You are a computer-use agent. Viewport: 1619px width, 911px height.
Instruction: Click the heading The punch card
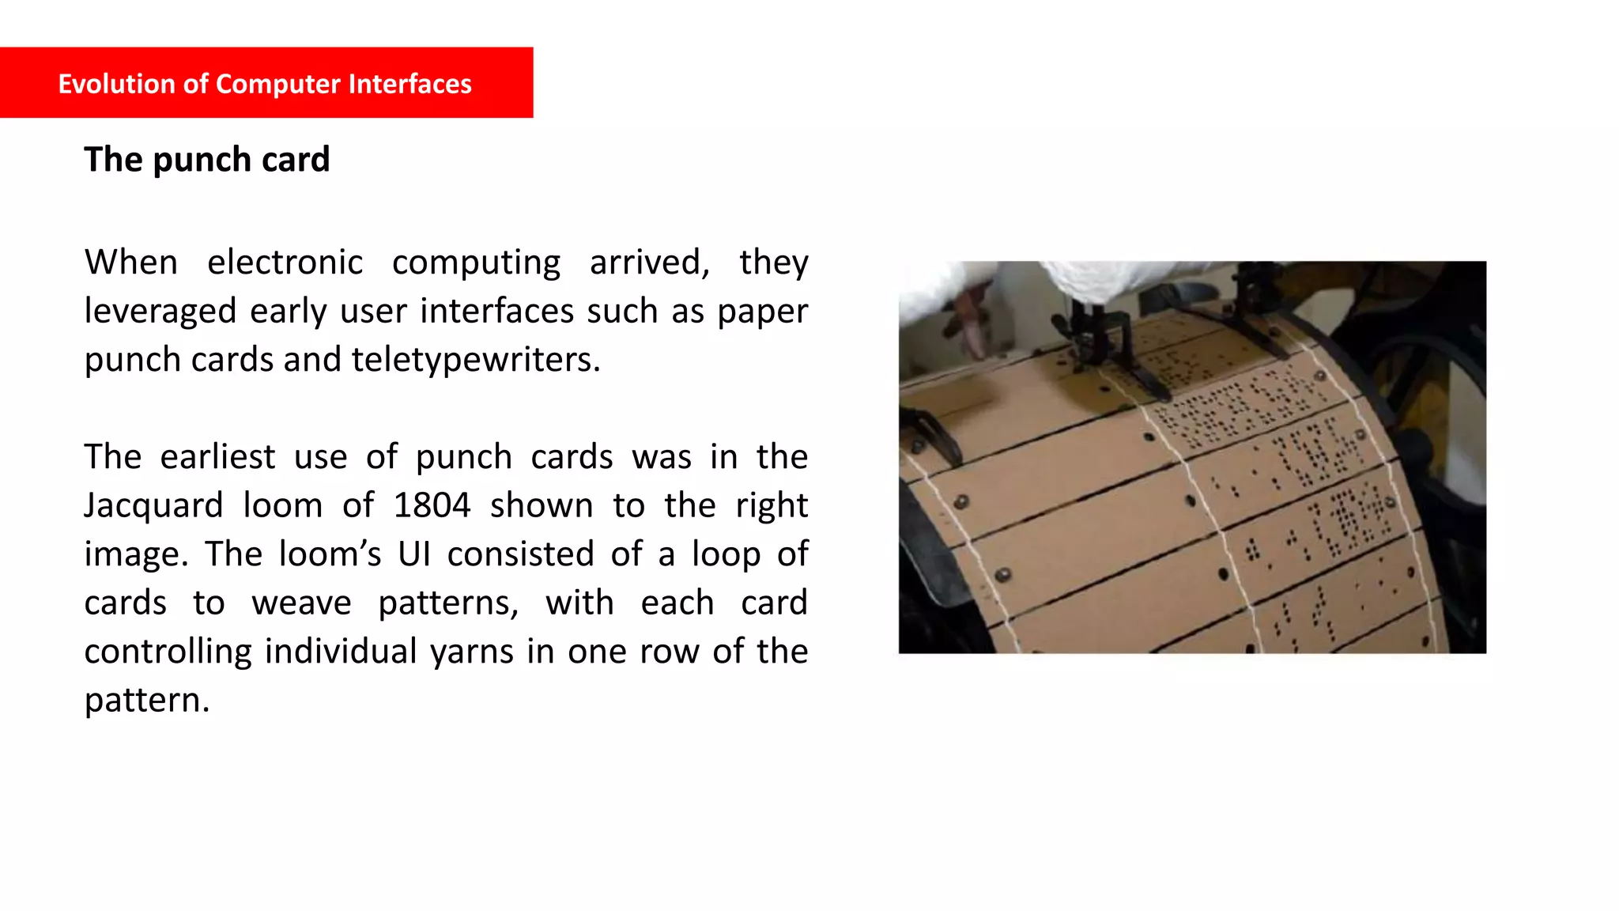(207, 160)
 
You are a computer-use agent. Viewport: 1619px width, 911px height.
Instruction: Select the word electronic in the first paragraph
(285, 263)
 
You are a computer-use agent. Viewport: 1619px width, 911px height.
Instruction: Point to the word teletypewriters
(476, 360)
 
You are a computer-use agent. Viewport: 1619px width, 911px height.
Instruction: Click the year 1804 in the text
(432, 505)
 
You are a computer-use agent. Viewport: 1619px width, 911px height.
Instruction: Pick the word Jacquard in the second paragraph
(153, 505)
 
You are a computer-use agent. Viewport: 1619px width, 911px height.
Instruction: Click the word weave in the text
(301, 603)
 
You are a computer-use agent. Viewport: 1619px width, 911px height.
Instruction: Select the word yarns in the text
(473, 652)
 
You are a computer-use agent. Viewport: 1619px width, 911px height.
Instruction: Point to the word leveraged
(160, 312)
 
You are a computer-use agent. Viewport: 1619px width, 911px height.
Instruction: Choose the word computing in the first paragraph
(476, 263)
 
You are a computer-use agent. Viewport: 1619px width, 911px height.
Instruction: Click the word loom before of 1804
(282, 505)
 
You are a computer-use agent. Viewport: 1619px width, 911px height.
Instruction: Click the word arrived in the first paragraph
(649, 263)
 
